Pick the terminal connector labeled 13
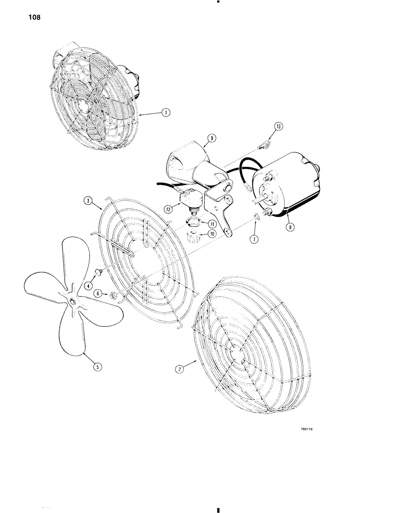tap(265, 144)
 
